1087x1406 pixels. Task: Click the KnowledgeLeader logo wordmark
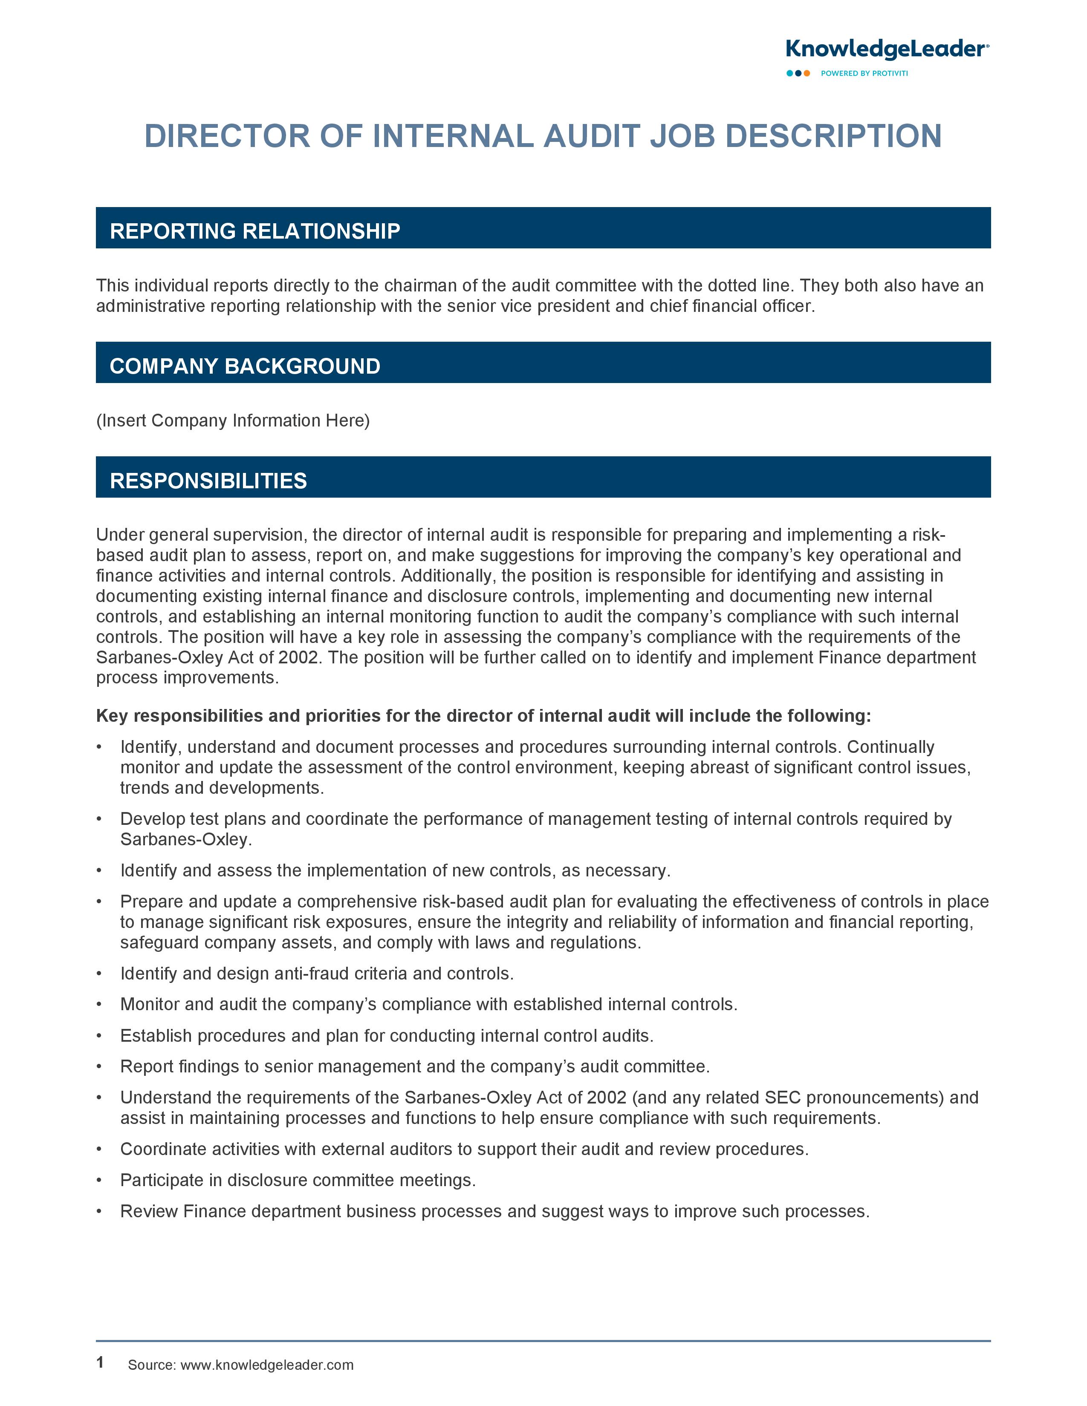point(886,49)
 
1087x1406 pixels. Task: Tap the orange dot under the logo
point(807,73)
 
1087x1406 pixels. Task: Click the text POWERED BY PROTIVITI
point(864,73)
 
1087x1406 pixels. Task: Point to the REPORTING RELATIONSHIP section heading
point(255,231)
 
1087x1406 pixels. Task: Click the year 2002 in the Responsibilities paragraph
point(298,657)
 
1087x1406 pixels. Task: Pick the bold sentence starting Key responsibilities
point(483,716)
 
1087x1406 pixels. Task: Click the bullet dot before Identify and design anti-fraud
point(99,974)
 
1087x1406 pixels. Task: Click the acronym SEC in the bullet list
point(782,1097)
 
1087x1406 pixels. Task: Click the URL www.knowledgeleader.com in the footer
point(266,1365)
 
